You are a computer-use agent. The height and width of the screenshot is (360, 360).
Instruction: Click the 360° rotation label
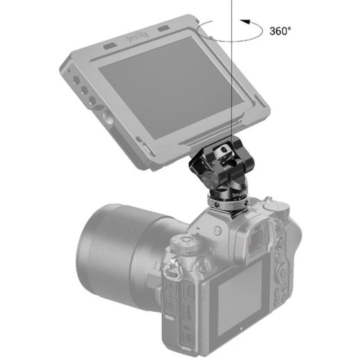pos(280,31)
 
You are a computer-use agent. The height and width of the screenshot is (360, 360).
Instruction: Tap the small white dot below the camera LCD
pos(240,337)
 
